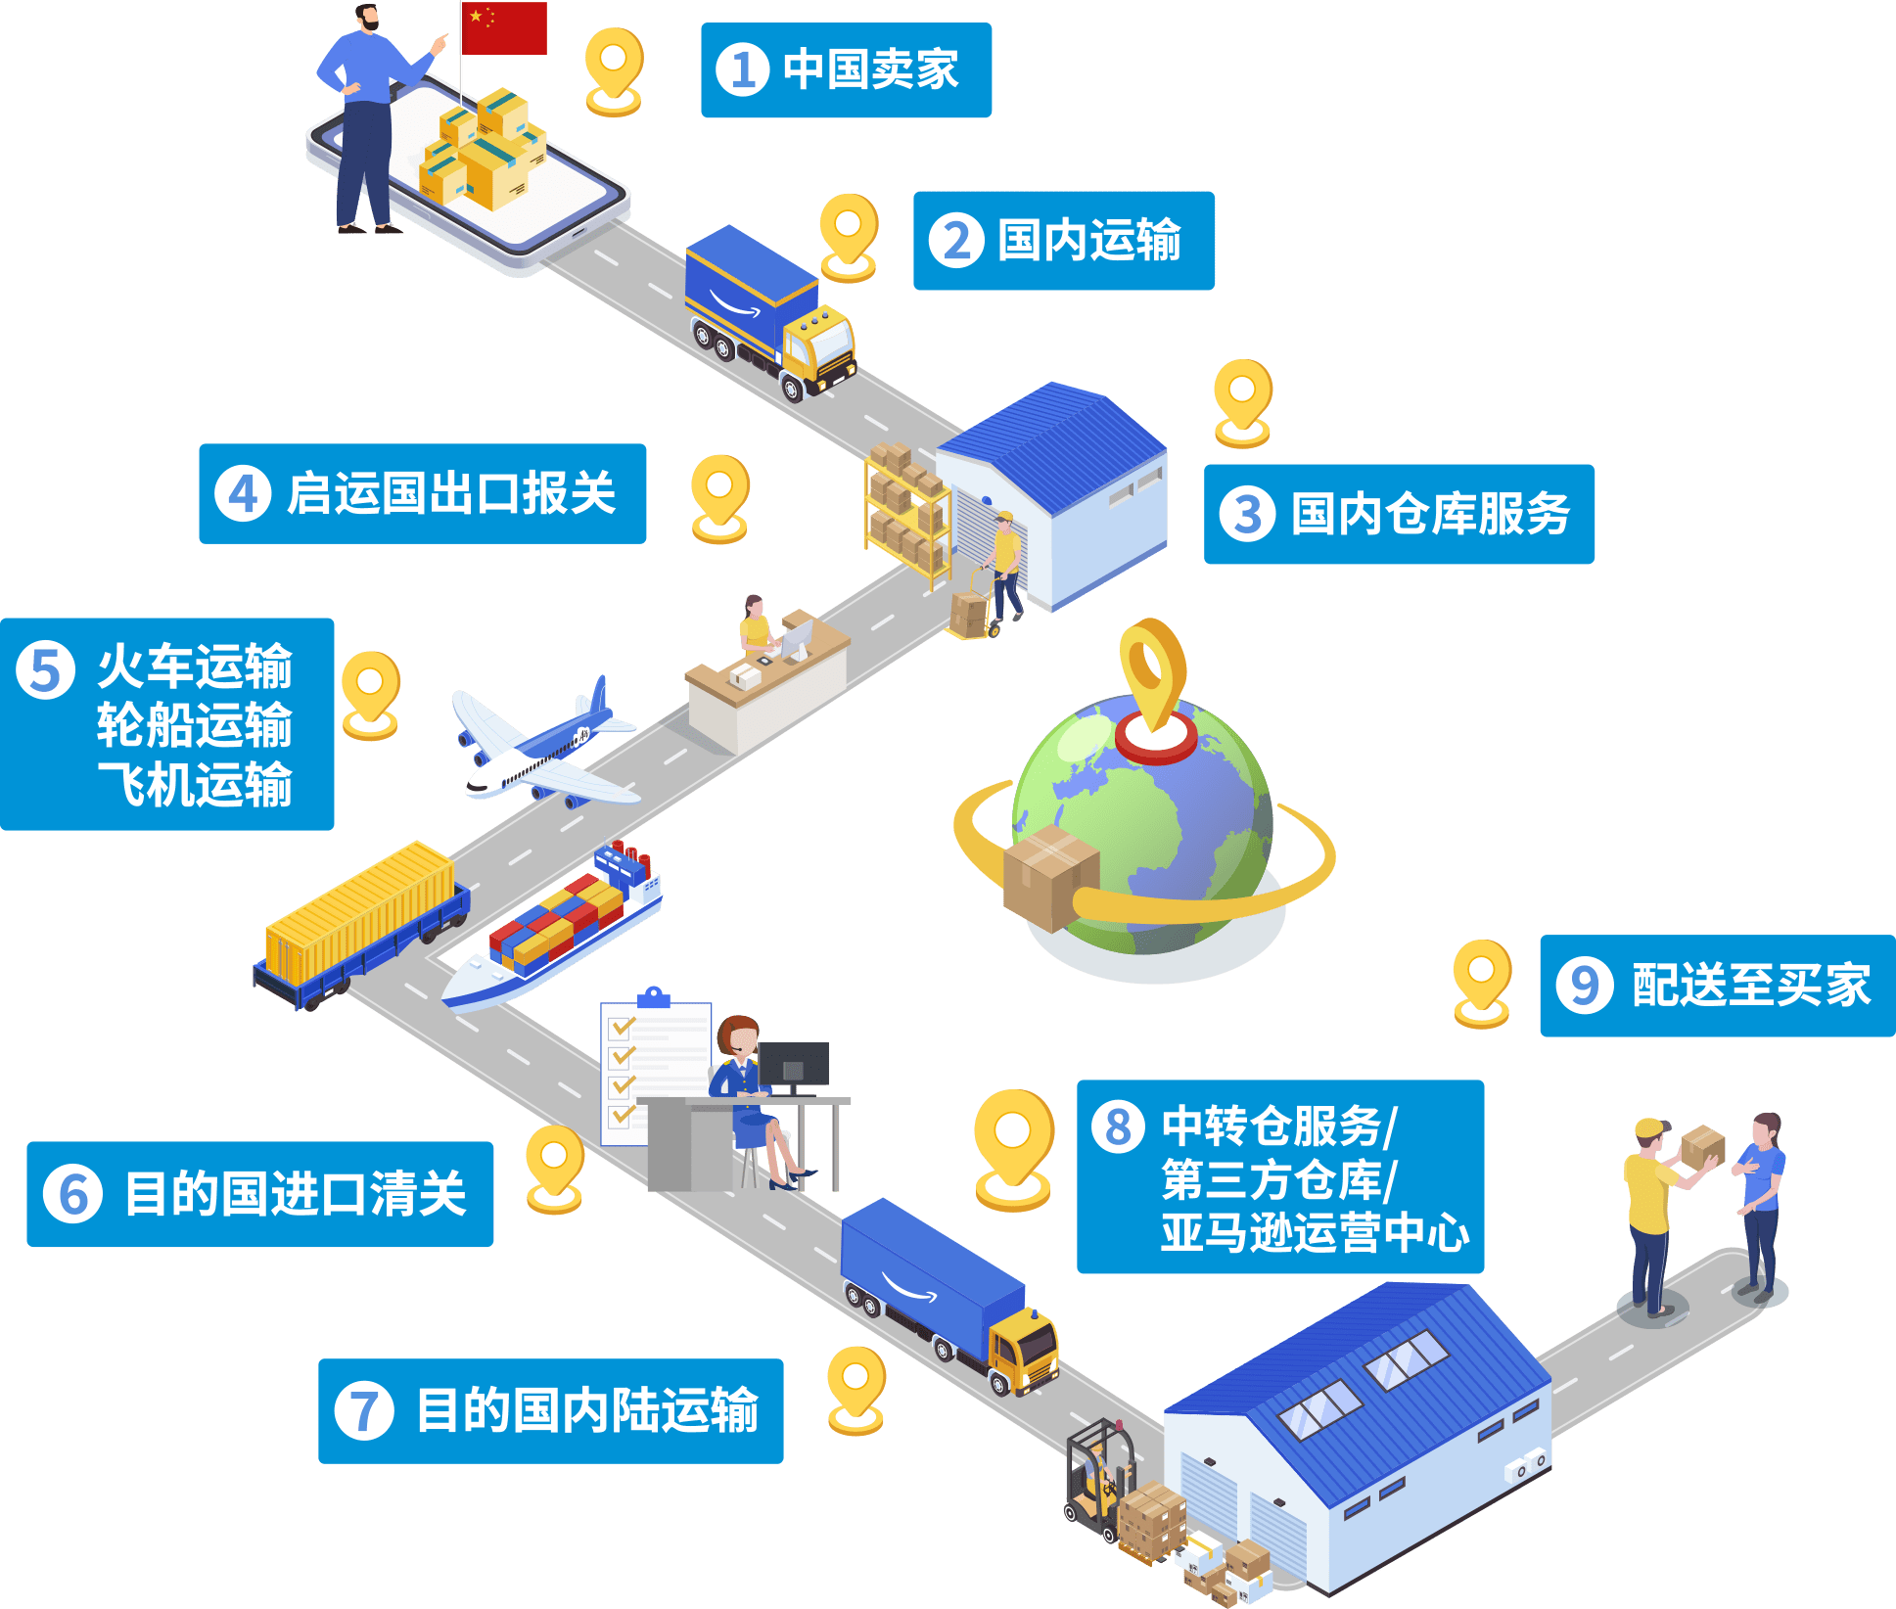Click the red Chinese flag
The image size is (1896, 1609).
pyautogui.click(x=504, y=28)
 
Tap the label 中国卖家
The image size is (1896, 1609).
pyautogui.click(x=871, y=69)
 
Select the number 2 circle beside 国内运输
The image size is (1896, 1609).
pyautogui.click(x=956, y=241)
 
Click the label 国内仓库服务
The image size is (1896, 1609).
pyautogui.click(x=1430, y=514)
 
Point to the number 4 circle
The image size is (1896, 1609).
pyautogui.click(x=243, y=493)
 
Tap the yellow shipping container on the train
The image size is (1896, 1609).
pyautogui.click(x=359, y=913)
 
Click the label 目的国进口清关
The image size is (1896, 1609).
pyautogui.click(x=296, y=1194)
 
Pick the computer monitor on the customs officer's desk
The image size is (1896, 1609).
pyautogui.click(x=794, y=1066)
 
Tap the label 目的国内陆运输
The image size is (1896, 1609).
pyautogui.click(x=587, y=1410)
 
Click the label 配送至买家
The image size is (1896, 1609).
pyautogui.click(x=1751, y=986)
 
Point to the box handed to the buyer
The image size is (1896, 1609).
pyautogui.click(x=1702, y=1146)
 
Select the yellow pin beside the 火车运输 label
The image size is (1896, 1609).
pyautogui.click(x=371, y=695)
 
